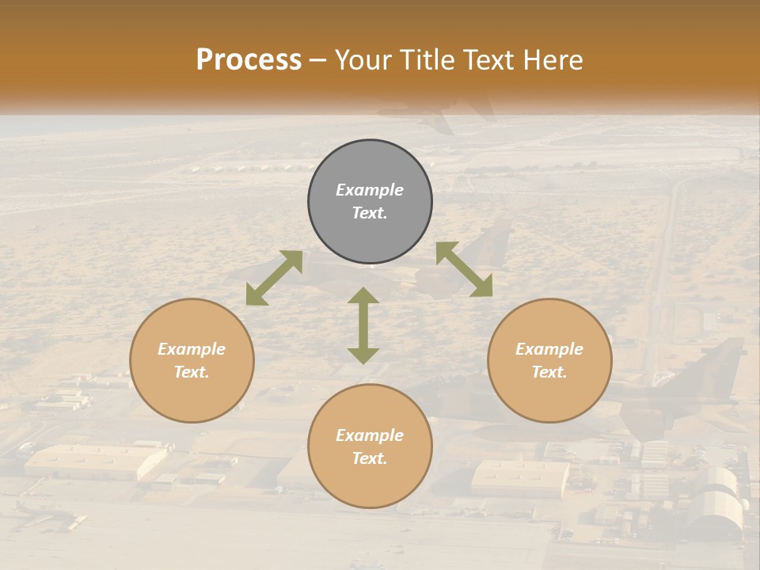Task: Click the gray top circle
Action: pyautogui.click(x=370, y=202)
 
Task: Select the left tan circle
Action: pyautogui.click(x=192, y=360)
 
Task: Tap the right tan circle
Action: pyautogui.click(x=549, y=360)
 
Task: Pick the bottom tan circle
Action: pyautogui.click(x=370, y=446)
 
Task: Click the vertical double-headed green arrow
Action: pyautogui.click(x=363, y=325)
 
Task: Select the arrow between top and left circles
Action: pyautogui.click(x=274, y=278)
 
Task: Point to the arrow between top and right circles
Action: pyautogui.click(x=464, y=269)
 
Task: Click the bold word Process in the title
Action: pyautogui.click(x=249, y=60)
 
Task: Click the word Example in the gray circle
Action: pyautogui.click(x=370, y=190)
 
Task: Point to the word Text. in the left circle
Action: pyautogui.click(x=192, y=372)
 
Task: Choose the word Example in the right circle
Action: pyautogui.click(x=549, y=349)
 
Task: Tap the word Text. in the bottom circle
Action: pyautogui.click(x=370, y=458)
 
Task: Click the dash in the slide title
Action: pyautogui.click(x=318, y=61)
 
